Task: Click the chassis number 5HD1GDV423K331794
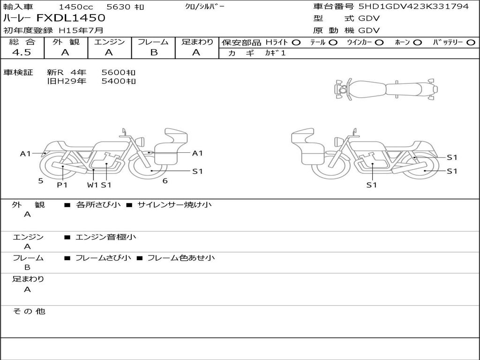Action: point(413,6)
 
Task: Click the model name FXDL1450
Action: point(71,18)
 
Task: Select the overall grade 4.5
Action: point(22,52)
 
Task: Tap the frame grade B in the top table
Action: point(154,52)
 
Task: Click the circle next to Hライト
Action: point(296,43)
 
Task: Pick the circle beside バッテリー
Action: point(471,43)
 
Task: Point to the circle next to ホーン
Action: point(418,43)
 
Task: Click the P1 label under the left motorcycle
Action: point(62,185)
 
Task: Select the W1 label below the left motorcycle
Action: point(92,185)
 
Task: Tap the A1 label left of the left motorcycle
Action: point(25,153)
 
